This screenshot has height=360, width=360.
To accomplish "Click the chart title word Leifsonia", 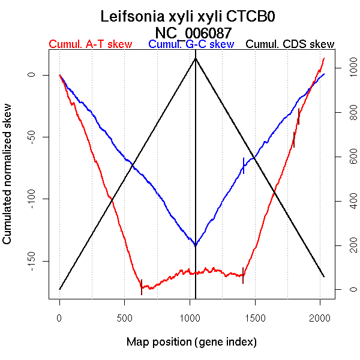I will click(134, 16).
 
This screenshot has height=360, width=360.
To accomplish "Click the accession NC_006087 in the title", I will click(193, 32).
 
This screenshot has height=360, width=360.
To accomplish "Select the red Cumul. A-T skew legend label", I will click(90, 44).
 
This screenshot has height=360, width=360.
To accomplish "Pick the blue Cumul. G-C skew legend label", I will click(191, 44).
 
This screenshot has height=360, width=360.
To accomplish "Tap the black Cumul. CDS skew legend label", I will click(290, 44).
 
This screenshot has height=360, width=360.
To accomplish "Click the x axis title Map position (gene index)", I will click(191, 342).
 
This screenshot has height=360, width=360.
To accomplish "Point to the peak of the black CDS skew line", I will click(196, 58).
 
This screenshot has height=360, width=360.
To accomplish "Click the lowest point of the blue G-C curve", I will click(196, 245).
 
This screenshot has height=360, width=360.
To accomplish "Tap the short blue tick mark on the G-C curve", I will click(244, 165).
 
